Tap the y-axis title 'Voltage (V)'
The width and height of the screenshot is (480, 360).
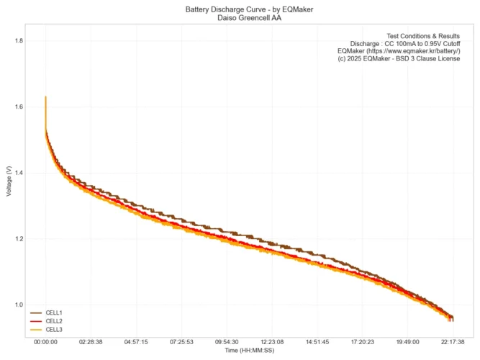pos(8,182)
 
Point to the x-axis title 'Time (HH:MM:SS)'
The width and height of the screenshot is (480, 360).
pos(249,351)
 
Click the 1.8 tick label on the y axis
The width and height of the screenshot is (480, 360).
pos(18,41)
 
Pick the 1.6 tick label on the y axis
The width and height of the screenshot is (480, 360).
pos(18,107)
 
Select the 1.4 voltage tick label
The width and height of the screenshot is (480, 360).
pos(18,173)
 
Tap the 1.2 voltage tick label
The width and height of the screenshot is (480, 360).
pos(18,239)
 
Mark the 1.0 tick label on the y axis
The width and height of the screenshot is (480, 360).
pos(18,305)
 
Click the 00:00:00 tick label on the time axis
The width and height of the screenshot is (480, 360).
pos(45,342)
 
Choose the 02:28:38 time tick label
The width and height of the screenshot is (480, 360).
pos(91,342)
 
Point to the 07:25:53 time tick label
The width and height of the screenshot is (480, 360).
pos(181,342)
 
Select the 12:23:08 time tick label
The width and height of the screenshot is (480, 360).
pos(272,342)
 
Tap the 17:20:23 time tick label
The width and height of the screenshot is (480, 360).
pos(362,342)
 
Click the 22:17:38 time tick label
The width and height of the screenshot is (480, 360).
pos(452,342)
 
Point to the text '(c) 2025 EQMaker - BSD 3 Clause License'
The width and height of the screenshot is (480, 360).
pos(399,59)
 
